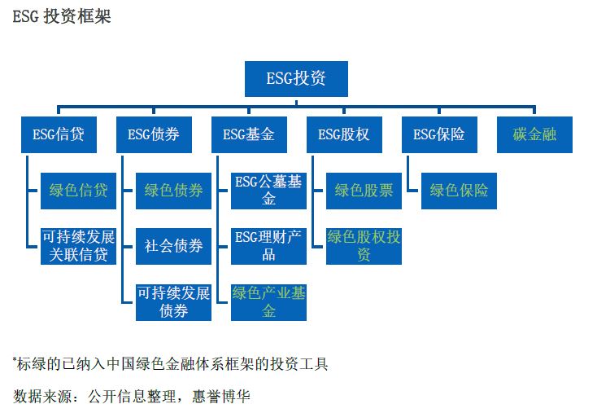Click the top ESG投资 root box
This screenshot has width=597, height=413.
(296, 79)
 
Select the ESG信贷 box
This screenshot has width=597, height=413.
(59, 134)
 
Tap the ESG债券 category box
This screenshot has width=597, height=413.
(154, 134)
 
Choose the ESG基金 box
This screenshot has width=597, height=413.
(249, 134)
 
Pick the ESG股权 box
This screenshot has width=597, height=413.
(344, 134)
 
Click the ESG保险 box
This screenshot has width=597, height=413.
(439, 134)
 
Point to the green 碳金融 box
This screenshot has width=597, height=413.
(534, 134)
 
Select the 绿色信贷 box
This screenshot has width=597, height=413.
(78, 191)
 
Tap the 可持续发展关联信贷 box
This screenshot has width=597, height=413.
(78, 246)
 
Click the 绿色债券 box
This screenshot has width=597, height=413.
(173, 191)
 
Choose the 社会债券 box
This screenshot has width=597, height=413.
(173, 246)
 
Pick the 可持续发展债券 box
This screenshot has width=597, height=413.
(173, 302)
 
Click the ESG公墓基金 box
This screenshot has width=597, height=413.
(268, 191)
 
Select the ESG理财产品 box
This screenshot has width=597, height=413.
(268, 246)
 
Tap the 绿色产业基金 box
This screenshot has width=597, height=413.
(268, 302)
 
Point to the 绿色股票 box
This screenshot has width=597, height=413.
(364, 191)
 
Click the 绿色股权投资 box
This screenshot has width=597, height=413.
(364, 246)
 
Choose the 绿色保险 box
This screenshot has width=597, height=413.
(460, 191)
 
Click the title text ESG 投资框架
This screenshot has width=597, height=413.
(62, 16)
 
